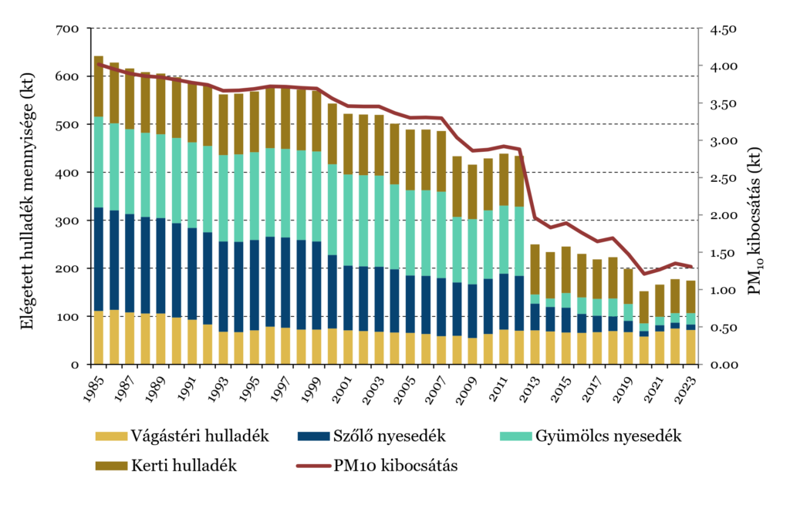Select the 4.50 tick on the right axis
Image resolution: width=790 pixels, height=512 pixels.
click(724, 29)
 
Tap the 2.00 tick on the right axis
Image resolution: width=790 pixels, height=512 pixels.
click(724, 215)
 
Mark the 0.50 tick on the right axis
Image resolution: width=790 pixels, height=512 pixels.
click(724, 328)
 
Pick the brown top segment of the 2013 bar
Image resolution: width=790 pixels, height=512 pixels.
click(534, 269)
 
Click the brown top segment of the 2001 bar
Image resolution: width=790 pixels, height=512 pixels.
click(347, 144)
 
